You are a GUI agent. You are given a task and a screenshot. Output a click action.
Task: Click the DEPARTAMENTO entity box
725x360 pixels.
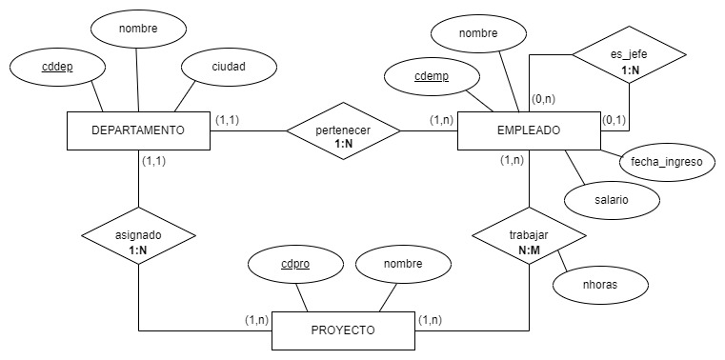tap(138, 130)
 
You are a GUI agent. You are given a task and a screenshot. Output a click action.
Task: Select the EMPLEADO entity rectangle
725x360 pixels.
tap(529, 130)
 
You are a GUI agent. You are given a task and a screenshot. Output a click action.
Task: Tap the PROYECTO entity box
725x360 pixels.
tap(343, 330)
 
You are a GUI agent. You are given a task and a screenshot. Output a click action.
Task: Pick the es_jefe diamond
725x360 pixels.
tap(629, 54)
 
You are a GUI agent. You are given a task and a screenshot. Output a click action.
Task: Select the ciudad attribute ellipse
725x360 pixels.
tap(228, 68)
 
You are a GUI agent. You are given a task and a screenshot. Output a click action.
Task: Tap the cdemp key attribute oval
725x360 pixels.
tap(433, 77)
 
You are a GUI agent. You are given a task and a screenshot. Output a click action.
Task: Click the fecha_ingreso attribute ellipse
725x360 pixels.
tap(666, 161)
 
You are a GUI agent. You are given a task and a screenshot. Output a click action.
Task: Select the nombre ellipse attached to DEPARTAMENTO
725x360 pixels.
tap(138, 30)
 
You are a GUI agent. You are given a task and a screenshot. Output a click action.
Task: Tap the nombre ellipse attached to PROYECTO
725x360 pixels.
tap(403, 264)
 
